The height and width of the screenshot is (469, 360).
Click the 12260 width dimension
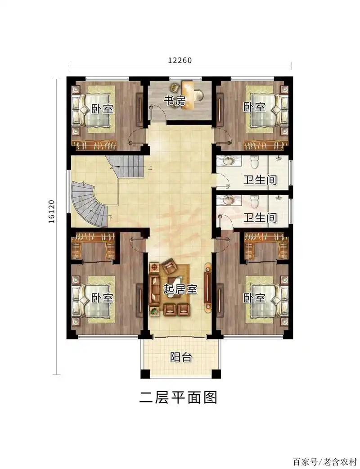tap(180, 61)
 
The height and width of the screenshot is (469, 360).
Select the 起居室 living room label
tap(180, 289)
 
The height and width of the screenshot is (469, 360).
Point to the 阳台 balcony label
tap(181, 357)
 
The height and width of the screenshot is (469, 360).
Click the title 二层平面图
tap(179, 397)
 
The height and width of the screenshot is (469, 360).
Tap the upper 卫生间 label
tap(260, 180)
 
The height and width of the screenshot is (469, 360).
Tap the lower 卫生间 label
tap(260, 218)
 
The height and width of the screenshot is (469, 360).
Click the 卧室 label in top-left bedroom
tap(102, 108)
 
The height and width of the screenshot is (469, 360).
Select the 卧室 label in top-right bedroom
tap(254, 107)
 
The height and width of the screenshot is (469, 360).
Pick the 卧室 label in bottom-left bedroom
tap(102, 298)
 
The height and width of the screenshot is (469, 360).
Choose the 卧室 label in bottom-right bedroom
tap(254, 298)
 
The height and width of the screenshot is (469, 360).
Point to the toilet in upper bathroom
tap(254, 161)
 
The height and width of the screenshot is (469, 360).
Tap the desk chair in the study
tap(198, 95)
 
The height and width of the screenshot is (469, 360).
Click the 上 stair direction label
tap(149, 168)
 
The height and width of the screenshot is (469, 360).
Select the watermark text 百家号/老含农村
tap(324, 462)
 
